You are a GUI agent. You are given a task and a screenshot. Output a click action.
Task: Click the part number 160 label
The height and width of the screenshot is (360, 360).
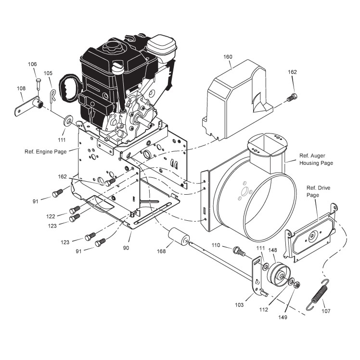click(x=228, y=57)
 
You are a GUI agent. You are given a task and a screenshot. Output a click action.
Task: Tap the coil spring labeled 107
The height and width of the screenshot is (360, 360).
click(x=319, y=293)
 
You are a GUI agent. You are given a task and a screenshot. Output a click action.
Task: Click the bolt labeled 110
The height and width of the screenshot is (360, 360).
click(x=238, y=251)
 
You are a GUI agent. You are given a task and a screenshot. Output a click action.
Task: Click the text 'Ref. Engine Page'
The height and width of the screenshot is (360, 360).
click(x=45, y=151)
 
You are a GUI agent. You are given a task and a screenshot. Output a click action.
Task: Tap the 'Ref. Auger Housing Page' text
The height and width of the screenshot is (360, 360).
click(x=316, y=160)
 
